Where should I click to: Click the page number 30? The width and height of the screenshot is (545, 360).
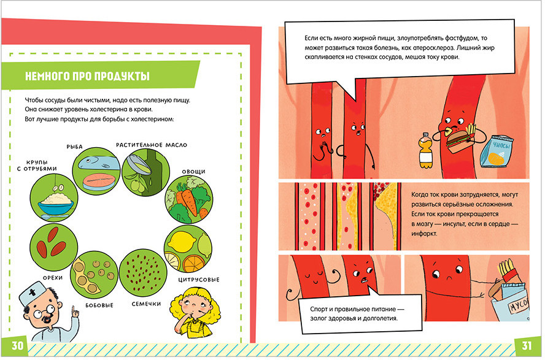click(17, 345)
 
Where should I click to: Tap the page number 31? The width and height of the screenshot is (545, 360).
click(527, 345)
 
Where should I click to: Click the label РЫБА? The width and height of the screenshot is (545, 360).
click(75, 147)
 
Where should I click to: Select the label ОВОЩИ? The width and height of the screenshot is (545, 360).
click(193, 172)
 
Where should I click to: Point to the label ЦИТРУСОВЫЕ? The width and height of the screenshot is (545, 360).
click(199, 280)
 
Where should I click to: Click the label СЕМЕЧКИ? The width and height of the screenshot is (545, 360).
click(146, 304)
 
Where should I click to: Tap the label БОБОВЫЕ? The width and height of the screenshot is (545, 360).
click(99, 305)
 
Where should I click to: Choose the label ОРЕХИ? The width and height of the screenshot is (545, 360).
click(53, 278)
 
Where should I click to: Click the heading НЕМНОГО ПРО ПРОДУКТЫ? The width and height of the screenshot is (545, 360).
click(87, 76)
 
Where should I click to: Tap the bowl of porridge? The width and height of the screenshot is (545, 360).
click(56, 204)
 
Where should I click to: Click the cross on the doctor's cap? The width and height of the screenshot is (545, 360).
click(33, 293)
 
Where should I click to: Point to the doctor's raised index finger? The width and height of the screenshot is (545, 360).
click(73, 310)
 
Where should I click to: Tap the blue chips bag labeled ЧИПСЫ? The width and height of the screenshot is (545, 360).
click(497, 151)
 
